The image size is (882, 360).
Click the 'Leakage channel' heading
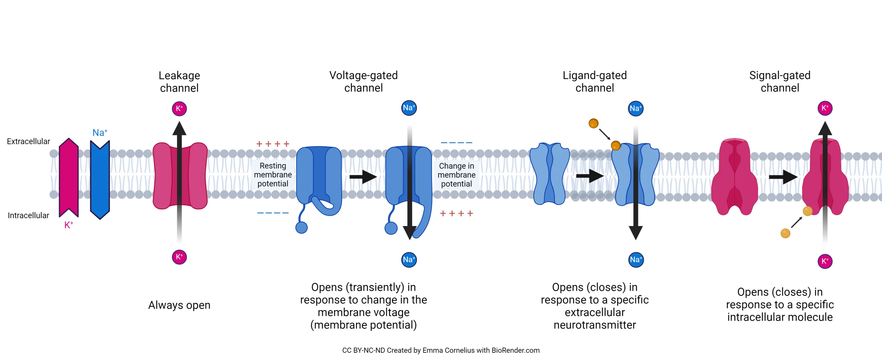[179, 82]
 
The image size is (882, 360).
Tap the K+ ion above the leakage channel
[179, 109]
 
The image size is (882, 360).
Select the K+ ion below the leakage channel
[179, 257]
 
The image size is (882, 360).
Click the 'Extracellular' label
[28, 141]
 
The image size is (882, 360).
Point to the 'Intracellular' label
[28, 215]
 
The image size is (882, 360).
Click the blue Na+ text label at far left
[100, 133]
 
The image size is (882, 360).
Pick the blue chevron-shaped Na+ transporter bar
[100, 179]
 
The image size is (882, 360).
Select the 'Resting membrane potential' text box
[273, 175]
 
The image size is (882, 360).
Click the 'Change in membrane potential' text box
[457, 175]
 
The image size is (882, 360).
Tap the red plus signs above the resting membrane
[273, 144]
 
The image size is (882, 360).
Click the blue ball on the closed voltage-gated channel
[301, 227]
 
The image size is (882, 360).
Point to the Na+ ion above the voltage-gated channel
[409, 108]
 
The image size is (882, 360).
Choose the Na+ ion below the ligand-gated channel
[636, 259]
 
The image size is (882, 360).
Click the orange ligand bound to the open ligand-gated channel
[616, 145]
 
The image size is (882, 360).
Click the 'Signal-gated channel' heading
[780, 82]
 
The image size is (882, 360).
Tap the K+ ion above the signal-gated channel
[825, 108]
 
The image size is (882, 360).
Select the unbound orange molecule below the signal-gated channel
[785, 233]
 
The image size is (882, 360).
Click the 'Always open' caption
[179, 305]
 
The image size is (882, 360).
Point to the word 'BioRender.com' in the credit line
[515, 350]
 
